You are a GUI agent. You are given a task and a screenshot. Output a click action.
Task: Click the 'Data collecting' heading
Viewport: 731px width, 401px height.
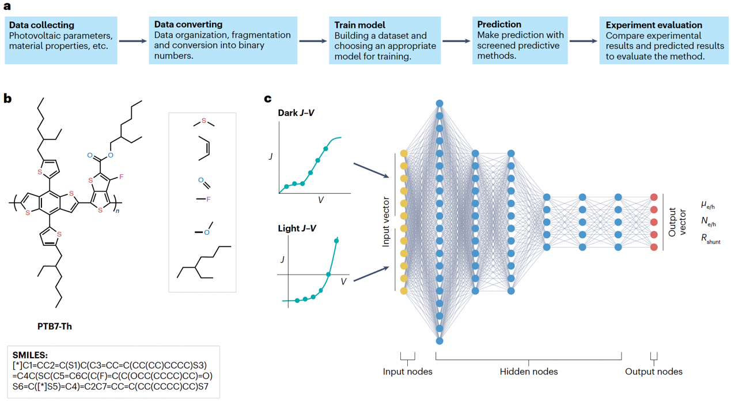tap(42, 25)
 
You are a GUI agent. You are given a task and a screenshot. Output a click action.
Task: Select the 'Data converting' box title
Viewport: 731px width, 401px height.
tap(188, 25)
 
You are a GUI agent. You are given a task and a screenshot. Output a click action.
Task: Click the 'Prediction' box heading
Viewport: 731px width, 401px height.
tap(499, 24)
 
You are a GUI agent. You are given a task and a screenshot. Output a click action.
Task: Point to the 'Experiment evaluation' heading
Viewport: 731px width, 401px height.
tap(646, 25)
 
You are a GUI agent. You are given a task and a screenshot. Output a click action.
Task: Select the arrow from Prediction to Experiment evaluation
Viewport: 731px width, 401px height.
tap(583, 41)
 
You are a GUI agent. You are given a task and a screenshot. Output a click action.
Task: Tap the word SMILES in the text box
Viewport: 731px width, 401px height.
tap(30, 355)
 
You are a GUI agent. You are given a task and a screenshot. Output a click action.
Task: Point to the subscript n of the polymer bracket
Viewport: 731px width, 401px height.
tap(118, 211)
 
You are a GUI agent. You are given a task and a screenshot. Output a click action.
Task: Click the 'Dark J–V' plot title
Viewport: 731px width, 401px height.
tap(296, 113)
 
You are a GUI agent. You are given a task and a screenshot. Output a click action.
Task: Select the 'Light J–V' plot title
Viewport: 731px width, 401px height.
tap(297, 228)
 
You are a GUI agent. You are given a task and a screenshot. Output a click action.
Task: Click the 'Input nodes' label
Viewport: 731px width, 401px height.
tap(407, 372)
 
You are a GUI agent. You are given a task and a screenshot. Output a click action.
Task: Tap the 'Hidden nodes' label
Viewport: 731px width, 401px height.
tap(528, 372)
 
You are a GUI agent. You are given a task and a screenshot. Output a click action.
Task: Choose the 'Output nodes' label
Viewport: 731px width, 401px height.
tap(654, 372)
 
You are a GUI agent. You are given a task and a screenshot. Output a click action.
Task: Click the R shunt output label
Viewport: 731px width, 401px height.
tap(710, 239)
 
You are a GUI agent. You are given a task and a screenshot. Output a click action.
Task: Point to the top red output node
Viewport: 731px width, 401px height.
tap(654, 197)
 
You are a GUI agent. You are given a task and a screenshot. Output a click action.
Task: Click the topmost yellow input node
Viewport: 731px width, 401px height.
tap(404, 153)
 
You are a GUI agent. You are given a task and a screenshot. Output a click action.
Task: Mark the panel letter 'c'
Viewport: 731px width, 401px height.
tap(268, 99)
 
